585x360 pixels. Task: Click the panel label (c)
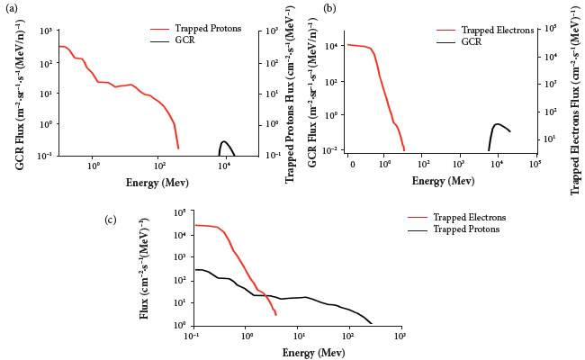coord(110,219)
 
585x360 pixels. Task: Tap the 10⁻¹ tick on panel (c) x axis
coord(192,335)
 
